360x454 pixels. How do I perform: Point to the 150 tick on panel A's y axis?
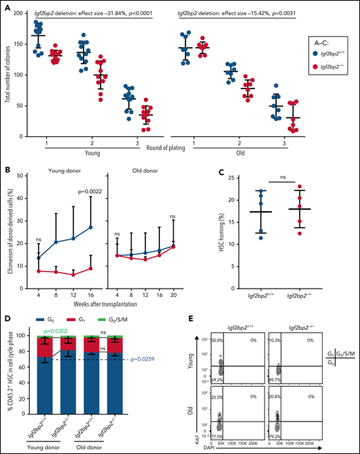(20, 44)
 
